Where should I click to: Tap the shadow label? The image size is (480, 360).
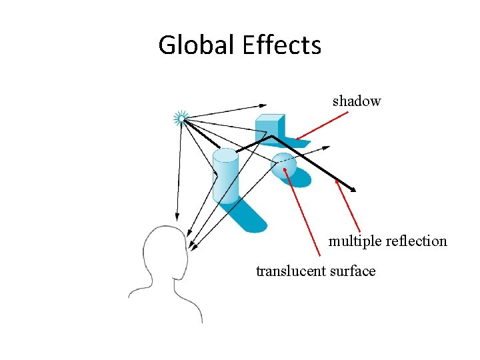point(357,101)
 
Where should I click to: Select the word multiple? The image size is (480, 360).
point(354,241)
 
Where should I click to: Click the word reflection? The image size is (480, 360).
point(416,241)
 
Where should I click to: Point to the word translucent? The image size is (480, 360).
point(288,271)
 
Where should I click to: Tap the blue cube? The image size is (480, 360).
point(269,126)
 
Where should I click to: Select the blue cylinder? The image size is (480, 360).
point(225,176)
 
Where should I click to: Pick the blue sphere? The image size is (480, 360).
point(283,166)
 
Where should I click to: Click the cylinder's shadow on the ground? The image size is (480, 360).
point(249,216)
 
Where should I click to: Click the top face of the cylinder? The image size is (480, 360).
point(225,155)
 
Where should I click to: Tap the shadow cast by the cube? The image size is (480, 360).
point(297,142)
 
